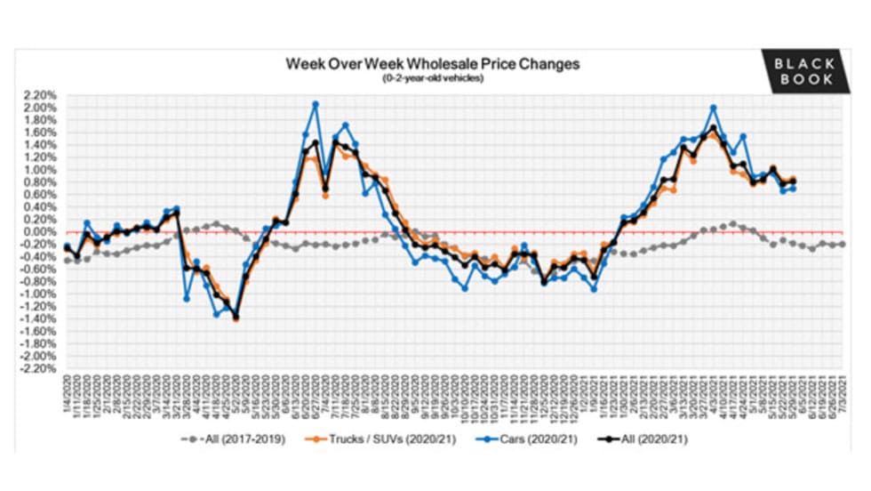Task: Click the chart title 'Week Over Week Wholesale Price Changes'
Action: pos(432,64)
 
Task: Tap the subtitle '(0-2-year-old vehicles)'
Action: pos(432,78)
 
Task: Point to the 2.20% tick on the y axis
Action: pos(41,94)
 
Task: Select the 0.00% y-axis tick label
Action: pos(41,232)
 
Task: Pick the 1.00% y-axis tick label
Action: pos(41,170)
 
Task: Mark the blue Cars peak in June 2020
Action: pos(316,104)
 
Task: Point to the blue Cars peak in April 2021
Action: pos(714,108)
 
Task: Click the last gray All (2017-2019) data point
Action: pos(843,244)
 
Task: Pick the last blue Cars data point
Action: pos(793,189)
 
